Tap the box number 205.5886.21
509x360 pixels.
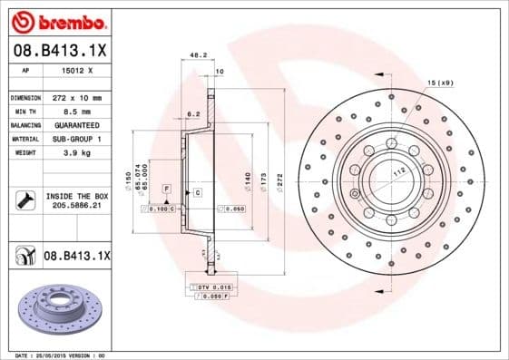coord(74,207)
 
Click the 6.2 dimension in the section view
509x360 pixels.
coord(192,114)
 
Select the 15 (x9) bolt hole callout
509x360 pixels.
coord(440,83)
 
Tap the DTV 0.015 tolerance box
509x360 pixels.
coord(210,287)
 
